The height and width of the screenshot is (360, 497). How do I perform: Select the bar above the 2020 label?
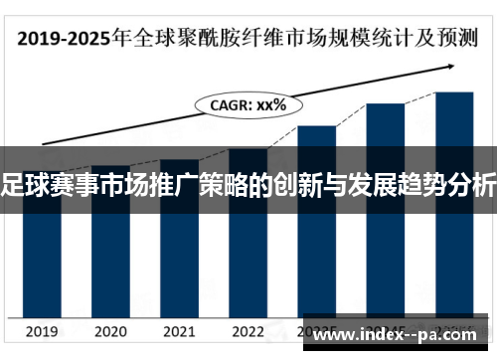pyautogui.click(x=110, y=249)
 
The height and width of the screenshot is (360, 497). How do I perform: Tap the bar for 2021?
pyautogui.click(x=179, y=244)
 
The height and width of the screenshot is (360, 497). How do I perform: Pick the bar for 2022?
pyautogui.click(x=248, y=239)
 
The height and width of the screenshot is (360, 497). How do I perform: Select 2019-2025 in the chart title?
pyautogui.click(x=62, y=41)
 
